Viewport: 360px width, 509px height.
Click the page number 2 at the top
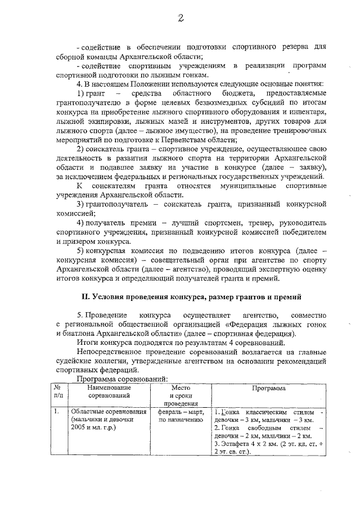pyautogui.click(x=181, y=19)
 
